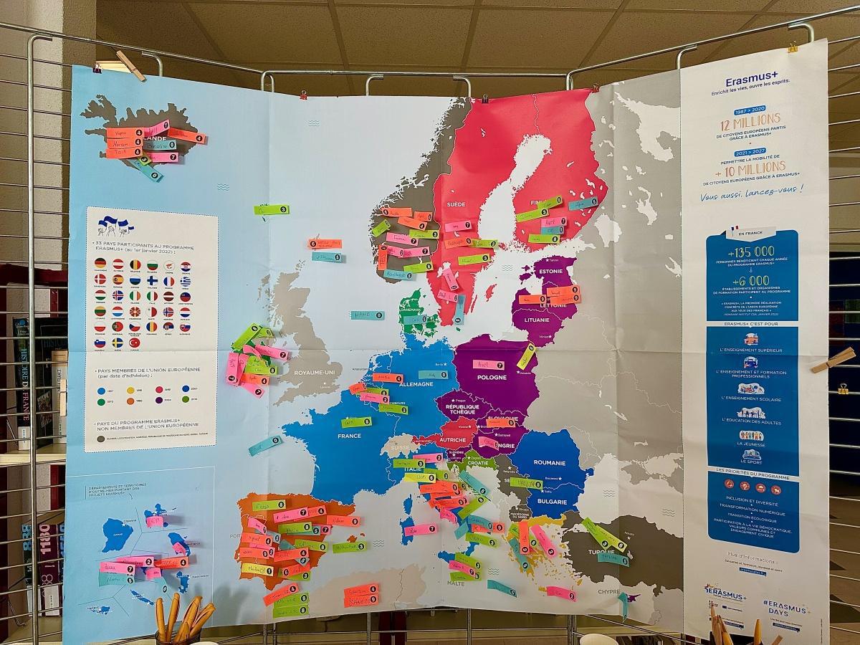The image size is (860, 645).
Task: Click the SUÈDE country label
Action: click(456, 204)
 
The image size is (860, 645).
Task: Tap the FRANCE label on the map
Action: click(349, 435)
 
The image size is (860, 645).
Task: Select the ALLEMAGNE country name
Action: click(411, 384)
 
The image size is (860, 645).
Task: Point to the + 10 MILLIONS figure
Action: click(752, 168)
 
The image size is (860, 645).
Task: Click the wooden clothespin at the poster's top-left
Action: click(130, 65)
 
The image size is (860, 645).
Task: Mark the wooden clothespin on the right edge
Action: click(833, 360)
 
